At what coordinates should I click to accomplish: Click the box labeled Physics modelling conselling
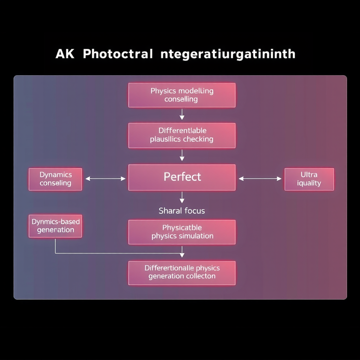(x=182, y=95)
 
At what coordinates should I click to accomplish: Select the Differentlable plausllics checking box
(x=182, y=135)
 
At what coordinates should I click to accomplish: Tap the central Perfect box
(x=182, y=177)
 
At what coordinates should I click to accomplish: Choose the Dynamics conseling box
(x=55, y=179)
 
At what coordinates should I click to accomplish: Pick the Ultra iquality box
(x=309, y=179)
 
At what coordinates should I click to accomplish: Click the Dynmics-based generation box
(x=55, y=226)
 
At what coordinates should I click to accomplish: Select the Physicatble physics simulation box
(x=182, y=232)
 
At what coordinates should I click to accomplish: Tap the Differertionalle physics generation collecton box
(x=182, y=272)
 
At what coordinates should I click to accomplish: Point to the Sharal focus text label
(x=182, y=211)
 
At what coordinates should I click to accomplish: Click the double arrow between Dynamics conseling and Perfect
(x=105, y=179)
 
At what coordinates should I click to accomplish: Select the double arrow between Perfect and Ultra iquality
(x=260, y=179)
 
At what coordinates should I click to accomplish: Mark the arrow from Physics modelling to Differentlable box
(x=182, y=114)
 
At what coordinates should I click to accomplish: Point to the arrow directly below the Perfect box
(x=182, y=198)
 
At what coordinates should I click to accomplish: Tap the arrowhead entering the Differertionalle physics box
(x=182, y=255)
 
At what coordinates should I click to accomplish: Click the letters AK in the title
(x=65, y=54)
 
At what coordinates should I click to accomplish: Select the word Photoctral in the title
(x=118, y=54)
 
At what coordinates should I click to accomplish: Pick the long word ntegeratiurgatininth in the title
(x=228, y=54)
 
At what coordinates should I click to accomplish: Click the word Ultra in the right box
(x=309, y=174)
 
